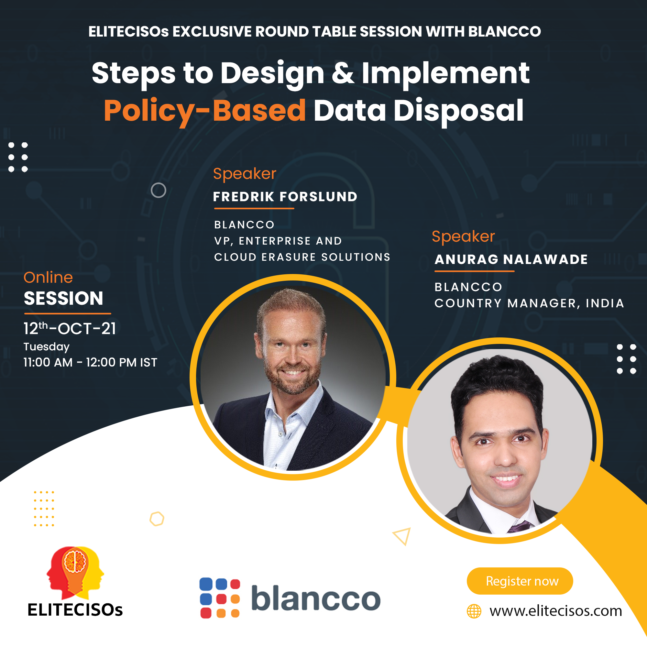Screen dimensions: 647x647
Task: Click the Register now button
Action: [520, 581]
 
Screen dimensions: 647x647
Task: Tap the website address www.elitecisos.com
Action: [555, 611]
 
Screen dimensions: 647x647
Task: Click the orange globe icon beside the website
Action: [474, 611]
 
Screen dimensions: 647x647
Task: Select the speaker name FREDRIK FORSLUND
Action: [285, 197]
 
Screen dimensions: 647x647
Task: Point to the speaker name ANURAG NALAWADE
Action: [511, 259]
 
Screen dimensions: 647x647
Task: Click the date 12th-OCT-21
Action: [70, 329]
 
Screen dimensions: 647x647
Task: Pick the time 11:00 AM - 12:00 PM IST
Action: [90, 362]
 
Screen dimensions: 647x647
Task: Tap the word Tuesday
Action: [47, 347]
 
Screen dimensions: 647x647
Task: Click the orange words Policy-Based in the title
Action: [205, 111]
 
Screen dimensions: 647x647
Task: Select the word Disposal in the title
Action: [458, 111]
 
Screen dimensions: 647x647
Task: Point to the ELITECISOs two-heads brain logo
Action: [75, 573]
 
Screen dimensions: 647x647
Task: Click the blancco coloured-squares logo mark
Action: [220, 598]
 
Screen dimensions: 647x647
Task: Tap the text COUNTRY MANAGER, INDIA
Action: [529, 303]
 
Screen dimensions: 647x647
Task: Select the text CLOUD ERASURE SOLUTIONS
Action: [302, 257]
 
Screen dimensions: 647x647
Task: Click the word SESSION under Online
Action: [63, 298]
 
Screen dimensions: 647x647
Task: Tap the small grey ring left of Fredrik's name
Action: [159, 190]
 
